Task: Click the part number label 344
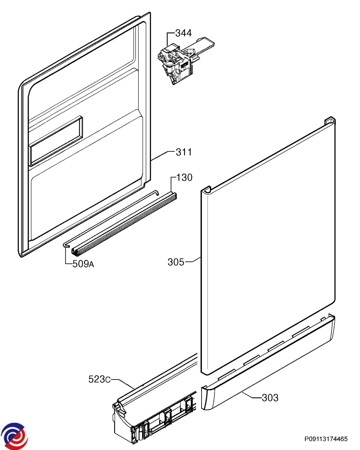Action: tap(184, 33)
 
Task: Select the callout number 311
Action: tap(184, 152)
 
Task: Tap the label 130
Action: tap(184, 177)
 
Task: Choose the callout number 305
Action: tap(176, 262)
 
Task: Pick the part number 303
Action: tap(270, 397)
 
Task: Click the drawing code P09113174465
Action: tap(326, 439)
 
